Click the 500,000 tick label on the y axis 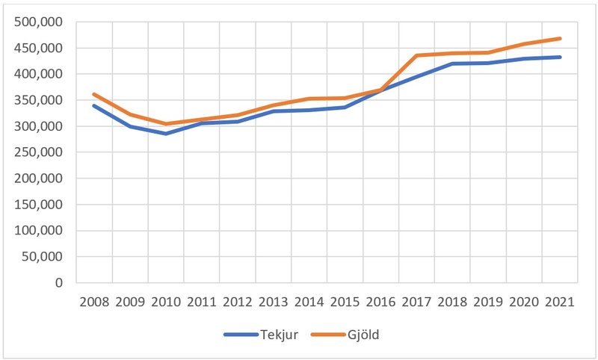pyautogui.click(x=39, y=22)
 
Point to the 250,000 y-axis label pyautogui.click(x=39, y=152)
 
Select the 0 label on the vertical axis pyautogui.click(x=58, y=283)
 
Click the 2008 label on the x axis pyautogui.click(x=94, y=302)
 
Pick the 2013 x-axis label pyautogui.click(x=274, y=302)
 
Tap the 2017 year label pyautogui.click(x=416, y=302)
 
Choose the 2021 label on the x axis pyautogui.click(x=560, y=302)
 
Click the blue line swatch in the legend pyautogui.click(x=239, y=335)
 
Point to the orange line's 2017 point pyautogui.click(x=416, y=55)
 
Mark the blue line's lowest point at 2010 pyautogui.click(x=166, y=134)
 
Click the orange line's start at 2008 pyautogui.click(x=94, y=94)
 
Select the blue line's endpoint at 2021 pyautogui.click(x=560, y=58)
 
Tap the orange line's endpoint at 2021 pyautogui.click(x=560, y=39)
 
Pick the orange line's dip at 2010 pyautogui.click(x=166, y=124)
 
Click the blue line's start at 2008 pyautogui.click(x=94, y=106)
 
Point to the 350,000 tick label pyautogui.click(x=39, y=100)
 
